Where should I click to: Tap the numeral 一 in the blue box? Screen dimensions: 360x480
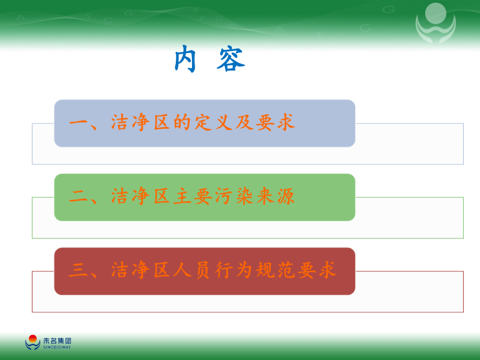coord(78,124)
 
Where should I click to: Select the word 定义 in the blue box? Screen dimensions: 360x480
coord(212,123)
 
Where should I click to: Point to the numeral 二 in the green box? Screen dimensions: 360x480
coord(78,197)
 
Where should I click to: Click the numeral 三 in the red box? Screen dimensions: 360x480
coord(78,271)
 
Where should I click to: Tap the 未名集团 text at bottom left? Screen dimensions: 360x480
coord(57,340)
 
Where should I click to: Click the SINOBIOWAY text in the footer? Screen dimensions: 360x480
coord(57,346)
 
